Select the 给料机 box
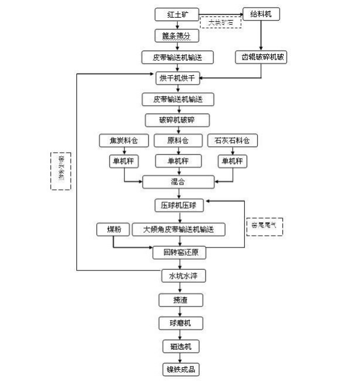pos(262,14)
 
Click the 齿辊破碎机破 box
pos(262,58)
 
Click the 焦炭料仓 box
pos(124,141)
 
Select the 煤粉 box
pos(114,229)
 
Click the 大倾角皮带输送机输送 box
pos(180,229)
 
